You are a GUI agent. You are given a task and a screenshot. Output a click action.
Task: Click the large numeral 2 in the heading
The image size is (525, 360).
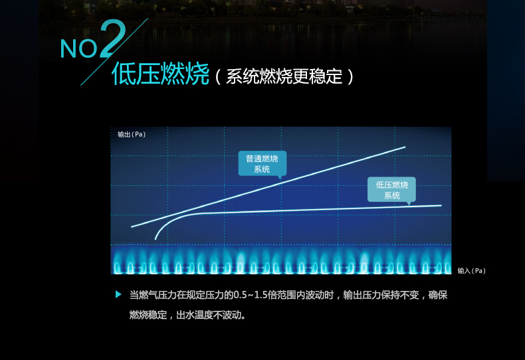[x=112, y=39]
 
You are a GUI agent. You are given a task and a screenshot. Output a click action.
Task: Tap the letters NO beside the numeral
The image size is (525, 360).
[x=78, y=49]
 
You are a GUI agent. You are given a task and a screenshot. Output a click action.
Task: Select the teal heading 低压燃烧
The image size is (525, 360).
[x=160, y=74]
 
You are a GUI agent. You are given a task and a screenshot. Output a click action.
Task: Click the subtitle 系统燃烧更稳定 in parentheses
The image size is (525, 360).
[x=284, y=76]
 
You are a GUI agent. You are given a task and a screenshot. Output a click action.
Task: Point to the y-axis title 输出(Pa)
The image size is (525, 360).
[x=132, y=134]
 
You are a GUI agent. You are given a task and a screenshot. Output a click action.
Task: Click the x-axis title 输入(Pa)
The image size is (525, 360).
[x=471, y=271]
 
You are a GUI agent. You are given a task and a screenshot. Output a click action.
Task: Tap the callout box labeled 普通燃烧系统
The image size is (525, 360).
[x=262, y=163]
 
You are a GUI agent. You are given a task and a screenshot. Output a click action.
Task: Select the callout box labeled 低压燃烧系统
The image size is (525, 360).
[x=391, y=190]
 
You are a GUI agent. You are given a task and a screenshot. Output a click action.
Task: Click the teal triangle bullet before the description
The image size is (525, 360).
[x=118, y=294]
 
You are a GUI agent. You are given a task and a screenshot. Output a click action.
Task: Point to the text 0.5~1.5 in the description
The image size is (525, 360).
[x=245, y=295]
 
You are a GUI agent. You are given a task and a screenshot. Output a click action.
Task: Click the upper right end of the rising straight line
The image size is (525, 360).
[x=405, y=147]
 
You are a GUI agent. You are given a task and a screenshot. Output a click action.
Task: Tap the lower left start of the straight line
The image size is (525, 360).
[x=132, y=227]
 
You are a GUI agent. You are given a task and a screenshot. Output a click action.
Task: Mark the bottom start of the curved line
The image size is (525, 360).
[x=156, y=239]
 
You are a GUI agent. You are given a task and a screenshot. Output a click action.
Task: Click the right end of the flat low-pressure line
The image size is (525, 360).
[x=441, y=205]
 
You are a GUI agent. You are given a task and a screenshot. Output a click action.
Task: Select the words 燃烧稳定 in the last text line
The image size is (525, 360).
[x=148, y=315]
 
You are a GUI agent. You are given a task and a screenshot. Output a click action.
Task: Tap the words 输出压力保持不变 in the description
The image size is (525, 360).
[x=381, y=295]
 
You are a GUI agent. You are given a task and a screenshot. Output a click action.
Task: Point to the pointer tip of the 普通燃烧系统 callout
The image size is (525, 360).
[x=280, y=179]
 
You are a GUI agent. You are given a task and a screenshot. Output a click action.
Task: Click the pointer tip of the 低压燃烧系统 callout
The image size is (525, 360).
[x=409, y=205]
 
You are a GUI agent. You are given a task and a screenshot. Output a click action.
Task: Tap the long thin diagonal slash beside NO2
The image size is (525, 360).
[x=114, y=52]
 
